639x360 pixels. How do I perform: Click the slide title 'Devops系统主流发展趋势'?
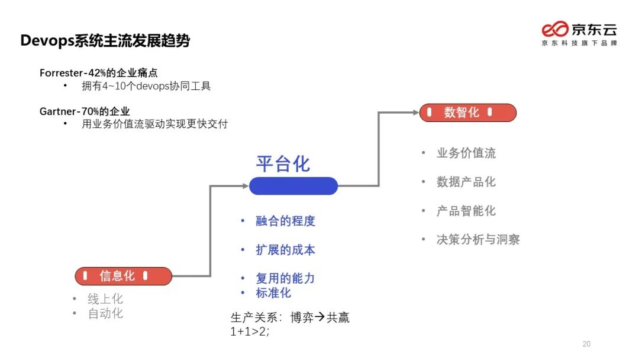click(x=105, y=41)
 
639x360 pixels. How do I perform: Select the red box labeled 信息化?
click(x=123, y=276)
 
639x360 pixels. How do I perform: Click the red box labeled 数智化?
click(x=467, y=112)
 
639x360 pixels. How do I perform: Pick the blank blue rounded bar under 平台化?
click(x=293, y=186)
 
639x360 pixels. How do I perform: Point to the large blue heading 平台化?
click(x=283, y=164)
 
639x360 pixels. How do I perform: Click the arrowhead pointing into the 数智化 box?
click(x=416, y=112)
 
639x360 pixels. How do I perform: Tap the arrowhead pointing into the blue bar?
click(x=246, y=186)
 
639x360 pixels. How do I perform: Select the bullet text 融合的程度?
click(x=285, y=221)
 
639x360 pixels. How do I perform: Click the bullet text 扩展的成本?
click(x=285, y=250)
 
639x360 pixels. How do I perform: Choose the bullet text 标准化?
click(x=273, y=292)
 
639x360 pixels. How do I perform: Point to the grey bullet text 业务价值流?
click(x=466, y=153)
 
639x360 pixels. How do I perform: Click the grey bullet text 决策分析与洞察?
click(x=478, y=239)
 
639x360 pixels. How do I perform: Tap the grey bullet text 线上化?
click(x=105, y=299)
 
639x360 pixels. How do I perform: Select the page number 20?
click(x=586, y=344)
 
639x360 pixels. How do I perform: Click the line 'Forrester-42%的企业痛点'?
click(x=99, y=73)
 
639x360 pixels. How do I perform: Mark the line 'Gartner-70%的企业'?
click(x=85, y=111)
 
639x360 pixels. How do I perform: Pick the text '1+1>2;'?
click(x=250, y=332)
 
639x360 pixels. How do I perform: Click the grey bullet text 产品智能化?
click(x=466, y=211)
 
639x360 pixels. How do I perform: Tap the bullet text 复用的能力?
click(x=285, y=278)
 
